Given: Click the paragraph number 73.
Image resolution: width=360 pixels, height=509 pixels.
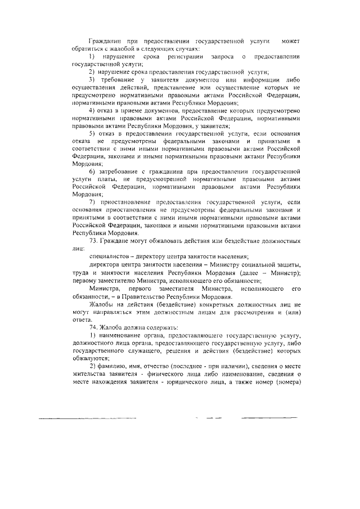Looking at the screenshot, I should (x=94, y=241).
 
